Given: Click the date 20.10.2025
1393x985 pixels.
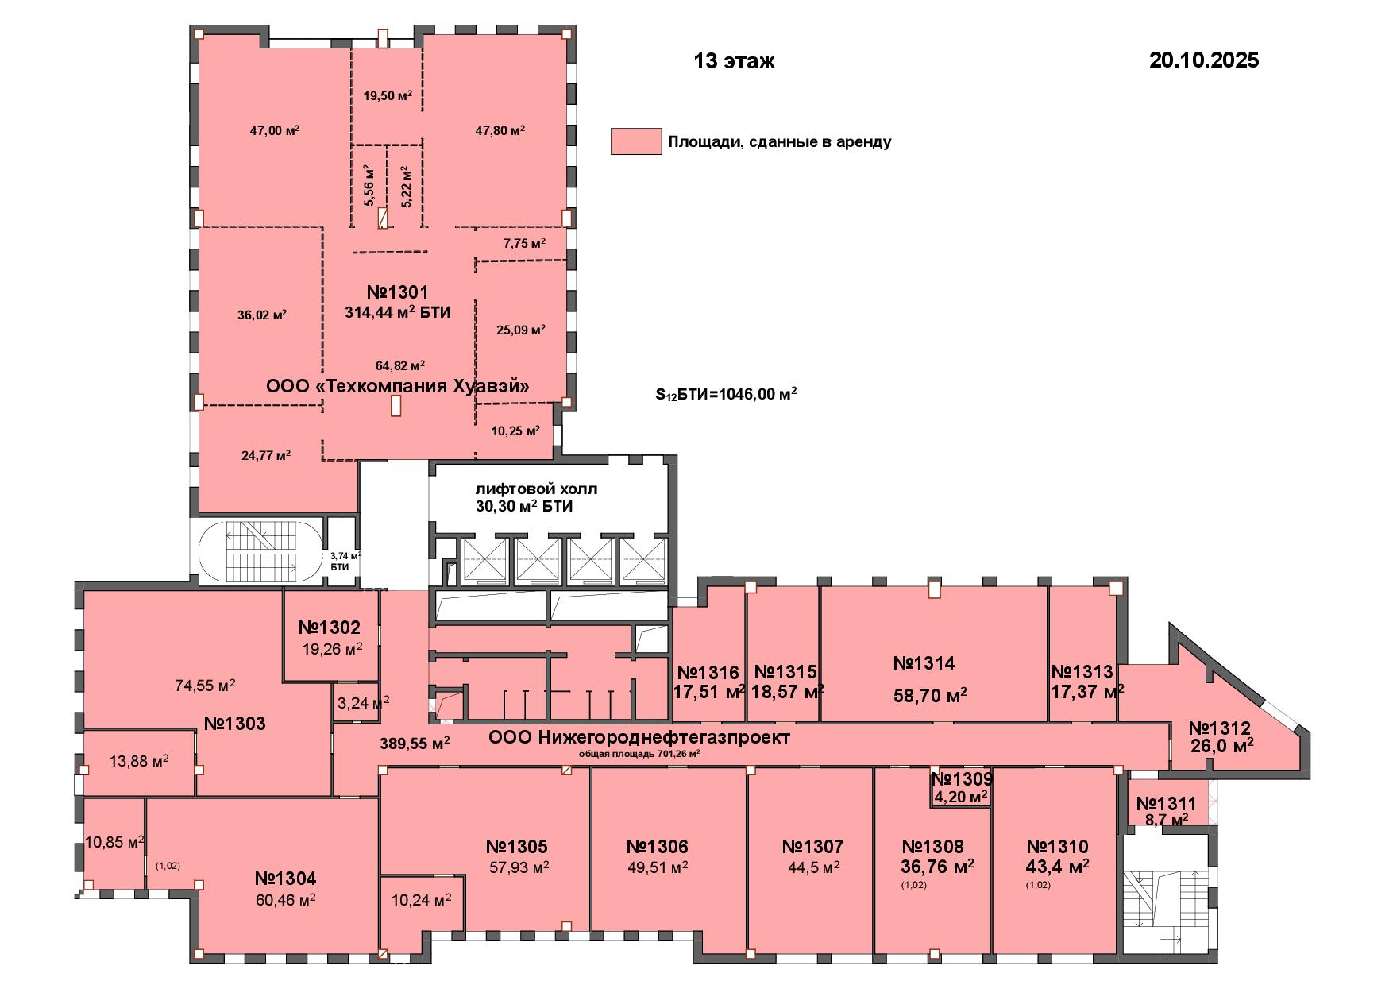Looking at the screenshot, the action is [1204, 60].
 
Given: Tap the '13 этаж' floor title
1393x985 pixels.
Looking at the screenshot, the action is [734, 61].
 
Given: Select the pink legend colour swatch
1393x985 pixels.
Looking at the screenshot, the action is [636, 141].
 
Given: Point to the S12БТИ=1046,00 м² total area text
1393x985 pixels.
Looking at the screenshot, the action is [726, 394].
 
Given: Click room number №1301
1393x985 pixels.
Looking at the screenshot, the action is [397, 292].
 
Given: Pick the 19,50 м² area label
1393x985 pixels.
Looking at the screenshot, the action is [388, 96].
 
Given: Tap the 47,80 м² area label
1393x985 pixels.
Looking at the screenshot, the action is [500, 130].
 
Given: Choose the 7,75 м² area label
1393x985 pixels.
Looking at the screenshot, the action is [524, 243].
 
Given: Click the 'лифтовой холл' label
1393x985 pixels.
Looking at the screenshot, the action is [536, 489].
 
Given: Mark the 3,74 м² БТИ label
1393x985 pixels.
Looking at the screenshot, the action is [345, 562].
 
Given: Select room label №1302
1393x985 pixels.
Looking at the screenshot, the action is [330, 628].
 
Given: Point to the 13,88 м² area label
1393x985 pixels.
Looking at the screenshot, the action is [139, 761].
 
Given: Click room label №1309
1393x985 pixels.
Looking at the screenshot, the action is [962, 779].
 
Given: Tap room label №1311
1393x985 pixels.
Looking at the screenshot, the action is [1166, 804].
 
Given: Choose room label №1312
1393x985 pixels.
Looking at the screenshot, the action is [1220, 728].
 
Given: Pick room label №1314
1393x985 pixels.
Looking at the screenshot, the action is [924, 663].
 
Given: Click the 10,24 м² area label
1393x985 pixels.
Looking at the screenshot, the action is [422, 899].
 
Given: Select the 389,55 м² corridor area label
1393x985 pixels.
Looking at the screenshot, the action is [415, 744].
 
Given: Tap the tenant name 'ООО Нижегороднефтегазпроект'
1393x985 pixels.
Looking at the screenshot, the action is [639, 738].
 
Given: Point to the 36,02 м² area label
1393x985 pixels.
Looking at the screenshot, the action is [262, 315].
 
